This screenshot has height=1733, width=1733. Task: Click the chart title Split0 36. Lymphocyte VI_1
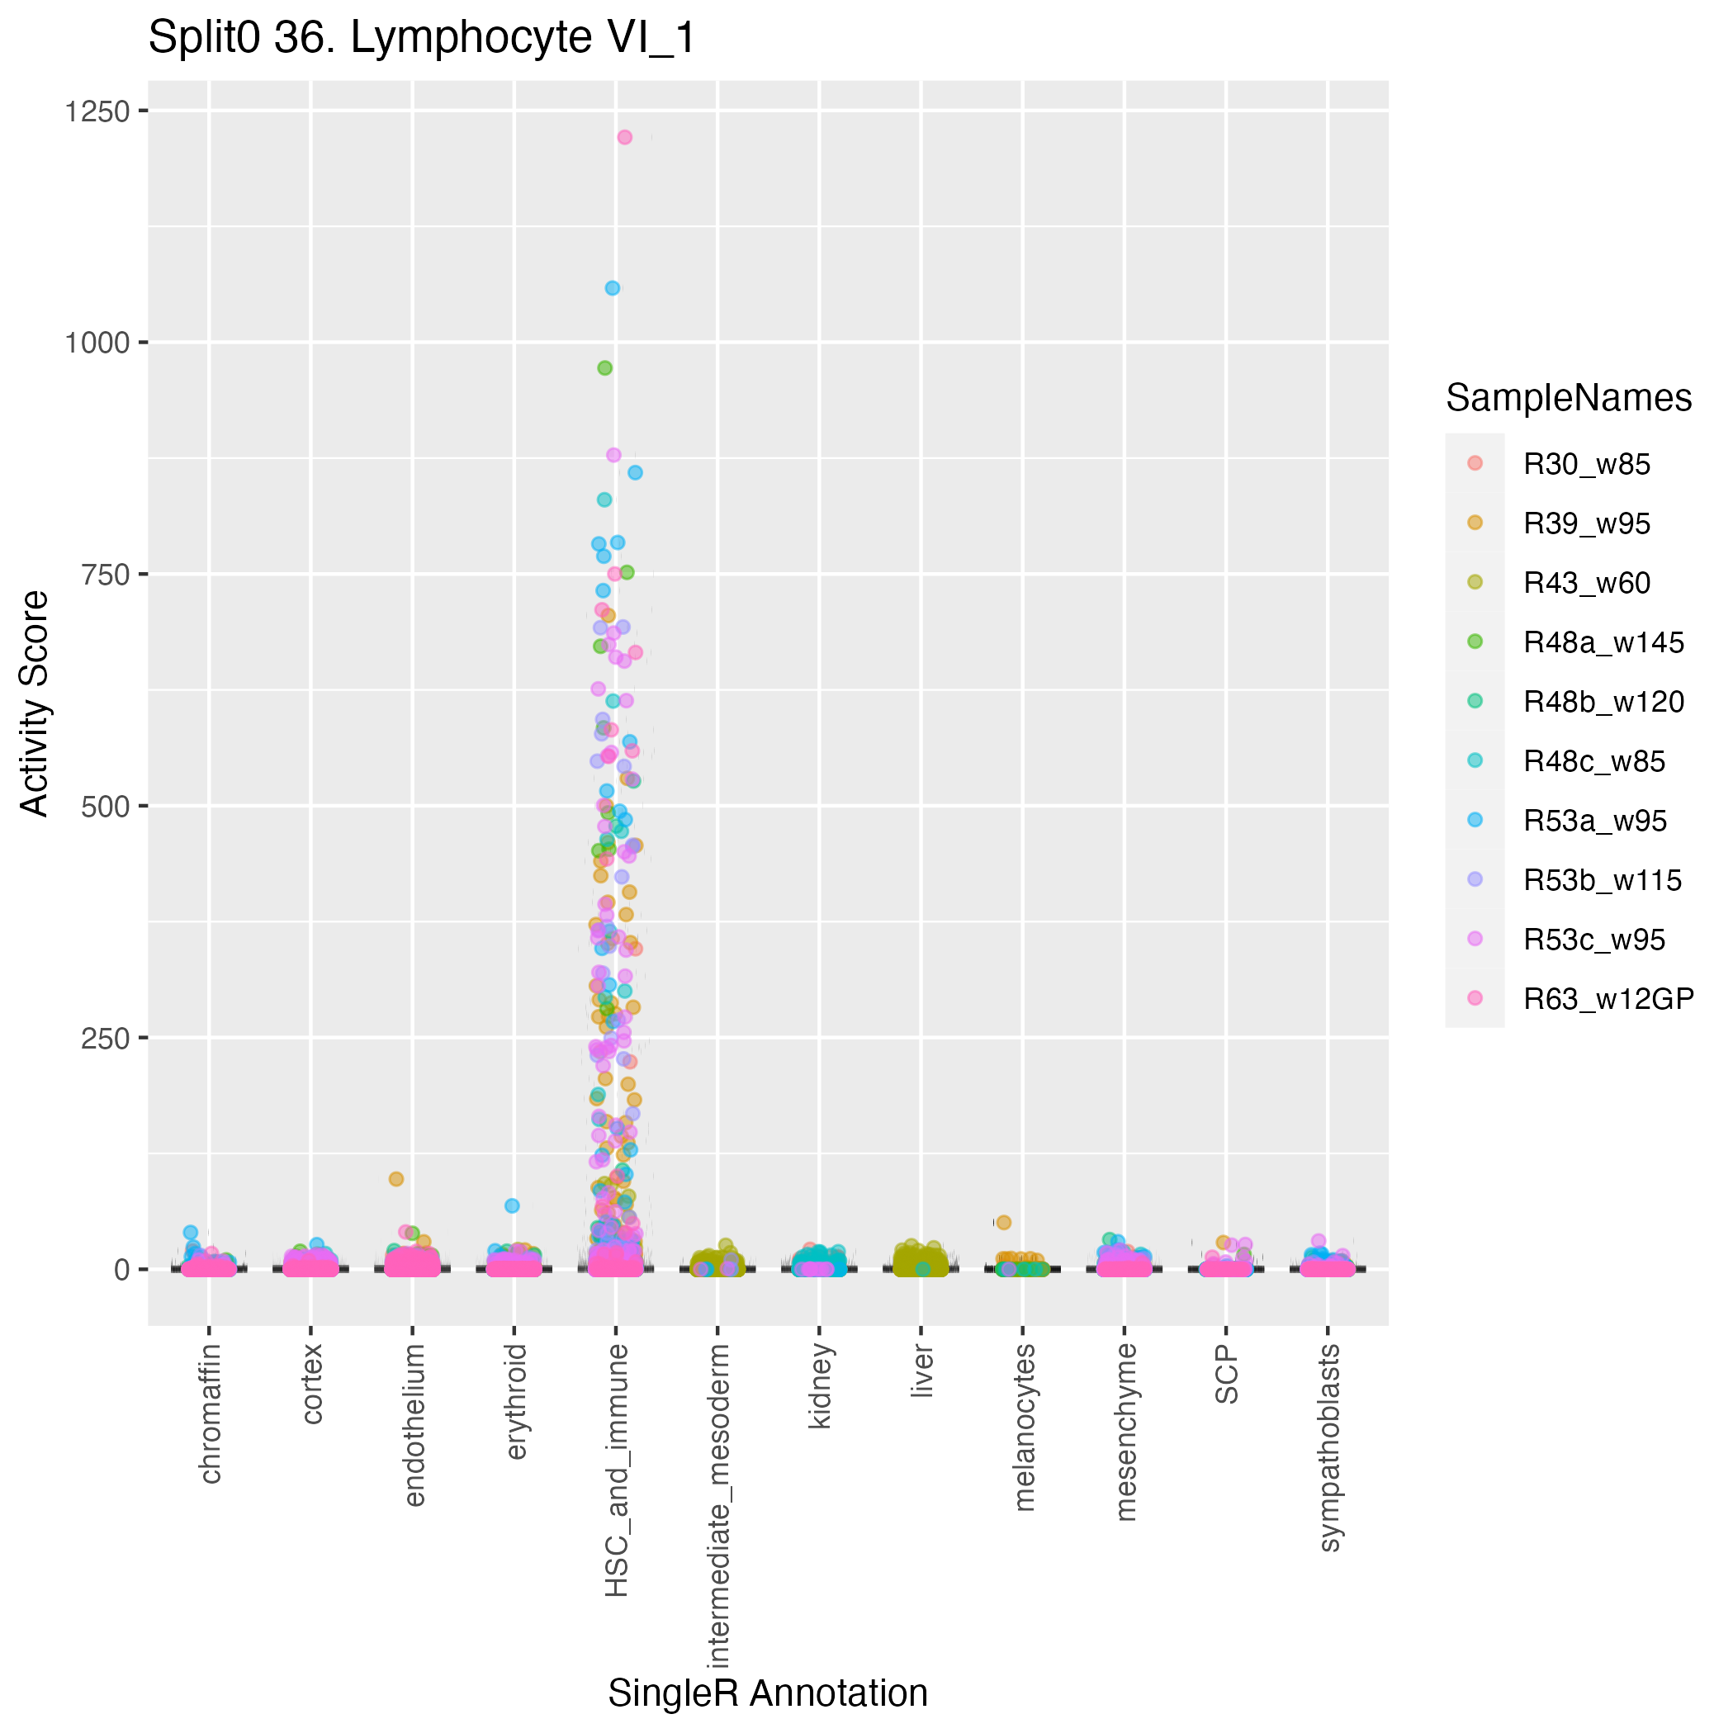pyautogui.click(x=422, y=39)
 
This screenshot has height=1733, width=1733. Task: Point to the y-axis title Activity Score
pyautogui.click(x=35, y=703)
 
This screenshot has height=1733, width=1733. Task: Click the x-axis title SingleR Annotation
pyautogui.click(x=768, y=1693)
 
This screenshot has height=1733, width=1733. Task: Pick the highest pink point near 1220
pyautogui.click(x=625, y=137)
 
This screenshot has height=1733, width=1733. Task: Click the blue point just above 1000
pyautogui.click(x=613, y=288)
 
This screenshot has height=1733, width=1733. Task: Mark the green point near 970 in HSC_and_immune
pyautogui.click(x=604, y=367)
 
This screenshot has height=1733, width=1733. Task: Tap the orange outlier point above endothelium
pyautogui.click(x=395, y=1179)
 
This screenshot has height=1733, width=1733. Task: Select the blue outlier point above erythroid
pyautogui.click(x=512, y=1205)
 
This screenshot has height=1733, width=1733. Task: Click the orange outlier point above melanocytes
pyautogui.click(x=1004, y=1222)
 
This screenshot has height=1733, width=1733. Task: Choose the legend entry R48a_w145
pyautogui.click(x=1603, y=642)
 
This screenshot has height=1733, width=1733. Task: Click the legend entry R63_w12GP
pyautogui.click(x=1608, y=998)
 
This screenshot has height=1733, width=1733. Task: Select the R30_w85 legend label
pyautogui.click(x=1587, y=465)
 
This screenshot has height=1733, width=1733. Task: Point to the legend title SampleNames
pyautogui.click(x=1569, y=397)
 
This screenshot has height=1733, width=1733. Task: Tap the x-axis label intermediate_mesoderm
pyautogui.click(x=717, y=1506)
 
